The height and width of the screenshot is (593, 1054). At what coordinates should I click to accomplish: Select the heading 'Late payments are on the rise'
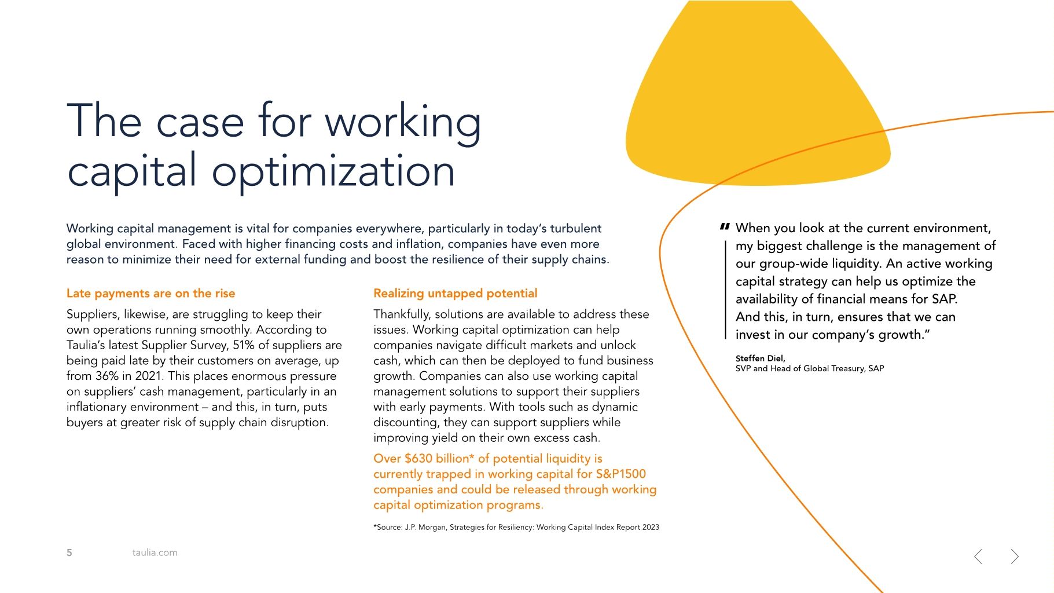coord(150,294)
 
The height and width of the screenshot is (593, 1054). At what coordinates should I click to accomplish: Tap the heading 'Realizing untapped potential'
coord(455,294)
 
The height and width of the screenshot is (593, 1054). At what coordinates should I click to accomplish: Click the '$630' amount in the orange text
coord(418,459)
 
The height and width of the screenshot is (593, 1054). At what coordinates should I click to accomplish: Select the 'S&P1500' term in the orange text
coord(620,474)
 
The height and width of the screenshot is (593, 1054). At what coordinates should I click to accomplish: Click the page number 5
coord(69,552)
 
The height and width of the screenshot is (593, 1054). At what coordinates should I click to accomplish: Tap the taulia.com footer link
coord(155,552)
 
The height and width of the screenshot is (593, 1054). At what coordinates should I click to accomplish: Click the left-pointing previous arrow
coord(978,557)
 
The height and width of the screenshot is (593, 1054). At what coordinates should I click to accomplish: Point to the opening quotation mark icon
coord(724,227)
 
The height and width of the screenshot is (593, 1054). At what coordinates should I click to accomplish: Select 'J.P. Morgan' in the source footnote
coord(425,528)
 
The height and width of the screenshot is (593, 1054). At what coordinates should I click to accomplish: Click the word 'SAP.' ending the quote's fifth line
coord(944,299)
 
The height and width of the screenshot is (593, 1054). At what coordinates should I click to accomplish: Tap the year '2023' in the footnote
coord(651,528)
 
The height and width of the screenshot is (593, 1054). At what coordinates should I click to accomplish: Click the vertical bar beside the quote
coord(725,290)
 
